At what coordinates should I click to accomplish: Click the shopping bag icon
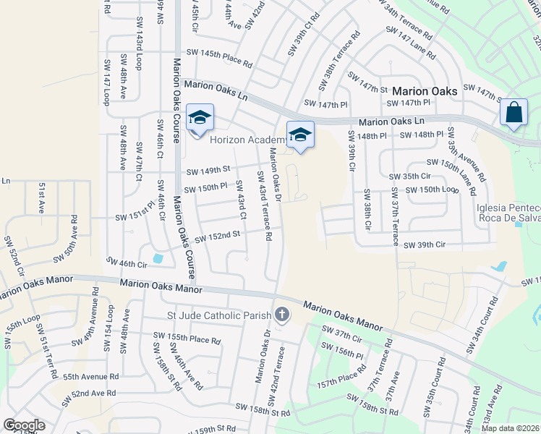pos(514,113)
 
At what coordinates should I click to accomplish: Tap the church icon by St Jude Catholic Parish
pos(281,315)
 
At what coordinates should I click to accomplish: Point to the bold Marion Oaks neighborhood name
pos(425,92)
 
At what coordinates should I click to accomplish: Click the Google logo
pos(24,425)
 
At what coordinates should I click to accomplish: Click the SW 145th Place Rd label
pos(219,57)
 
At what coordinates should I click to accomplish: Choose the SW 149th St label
pos(208,171)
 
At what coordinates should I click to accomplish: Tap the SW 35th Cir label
pos(409,176)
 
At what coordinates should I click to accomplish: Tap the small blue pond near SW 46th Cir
pos(158,258)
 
